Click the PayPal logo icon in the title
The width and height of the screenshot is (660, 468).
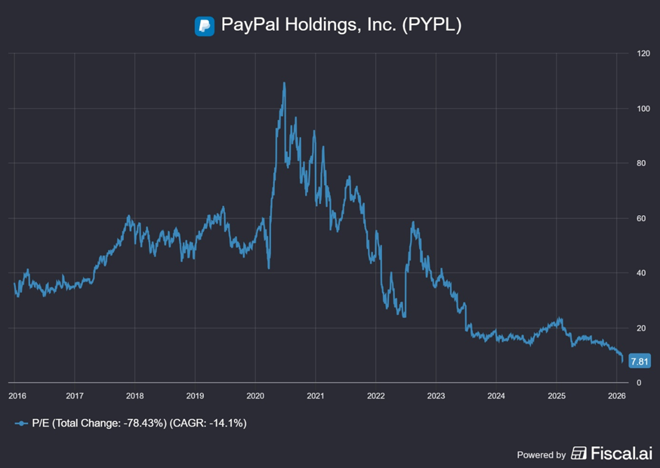point(204,26)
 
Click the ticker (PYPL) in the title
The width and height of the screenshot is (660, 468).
point(429,25)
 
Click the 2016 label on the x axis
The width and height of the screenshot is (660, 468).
point(17,395)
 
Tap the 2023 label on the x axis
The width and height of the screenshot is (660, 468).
point(435,395)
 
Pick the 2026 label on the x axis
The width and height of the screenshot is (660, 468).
point(615,395)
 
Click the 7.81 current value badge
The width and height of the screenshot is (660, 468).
point(639,361)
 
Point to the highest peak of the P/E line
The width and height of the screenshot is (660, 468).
point(284,83)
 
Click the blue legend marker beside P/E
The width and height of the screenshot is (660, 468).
point(22,423)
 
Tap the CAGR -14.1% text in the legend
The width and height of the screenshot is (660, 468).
point(210,423)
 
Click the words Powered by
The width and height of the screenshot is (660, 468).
point(541,455)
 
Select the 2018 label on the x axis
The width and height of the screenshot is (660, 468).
point(135,395)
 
